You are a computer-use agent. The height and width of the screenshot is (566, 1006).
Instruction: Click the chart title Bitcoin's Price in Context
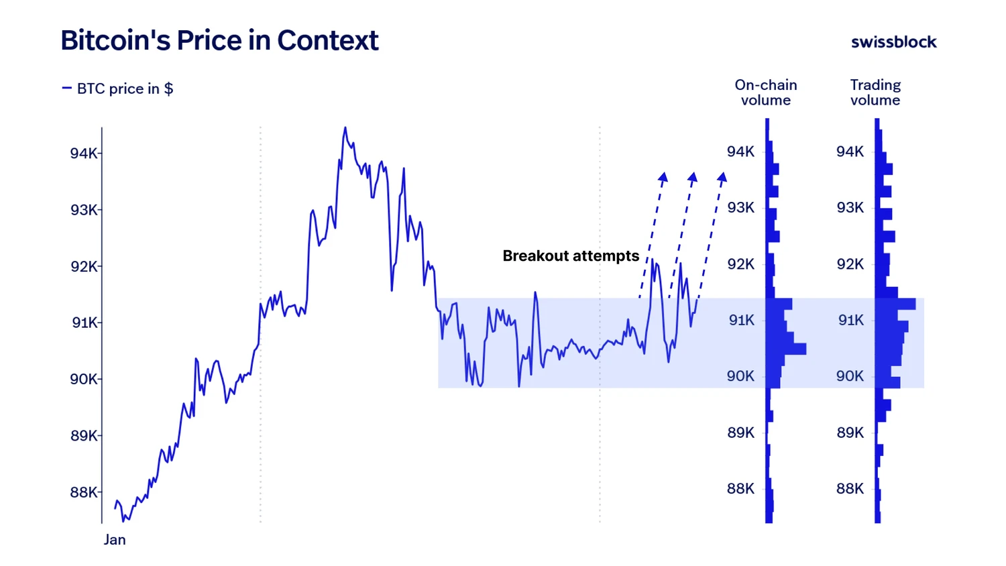point(219,40)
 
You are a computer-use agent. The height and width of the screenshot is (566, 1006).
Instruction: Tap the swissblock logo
point(893,42)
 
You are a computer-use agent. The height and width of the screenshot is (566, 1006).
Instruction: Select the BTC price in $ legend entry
point(118,89)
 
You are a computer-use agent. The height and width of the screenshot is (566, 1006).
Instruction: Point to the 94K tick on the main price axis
point(85,154)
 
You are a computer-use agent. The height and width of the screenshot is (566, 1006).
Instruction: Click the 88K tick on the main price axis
point(85,492)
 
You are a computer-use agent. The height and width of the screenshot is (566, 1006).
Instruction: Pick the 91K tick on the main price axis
point(85,323)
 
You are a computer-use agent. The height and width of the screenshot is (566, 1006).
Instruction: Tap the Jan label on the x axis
point(115,540)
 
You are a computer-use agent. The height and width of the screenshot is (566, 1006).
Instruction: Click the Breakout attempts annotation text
point(571,256)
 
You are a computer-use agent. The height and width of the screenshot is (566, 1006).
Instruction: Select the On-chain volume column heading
point(766,93)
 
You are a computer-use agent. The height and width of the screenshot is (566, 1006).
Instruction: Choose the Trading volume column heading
point(875,93)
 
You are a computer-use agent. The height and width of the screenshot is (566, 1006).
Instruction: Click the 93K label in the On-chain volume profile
point(741,208)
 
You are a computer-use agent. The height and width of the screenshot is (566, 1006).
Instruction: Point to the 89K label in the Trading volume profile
point(850,433)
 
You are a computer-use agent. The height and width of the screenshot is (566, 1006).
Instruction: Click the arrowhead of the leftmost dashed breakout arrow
point(663,177)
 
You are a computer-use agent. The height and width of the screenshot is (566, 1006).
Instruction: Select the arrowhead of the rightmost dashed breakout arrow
point(722,177)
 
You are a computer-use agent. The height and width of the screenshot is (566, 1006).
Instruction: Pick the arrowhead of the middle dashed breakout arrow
point(693,177)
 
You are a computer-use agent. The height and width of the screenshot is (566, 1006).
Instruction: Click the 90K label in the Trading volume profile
point(850,376)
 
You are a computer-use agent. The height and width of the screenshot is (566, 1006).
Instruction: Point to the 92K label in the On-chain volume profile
point(741,264)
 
